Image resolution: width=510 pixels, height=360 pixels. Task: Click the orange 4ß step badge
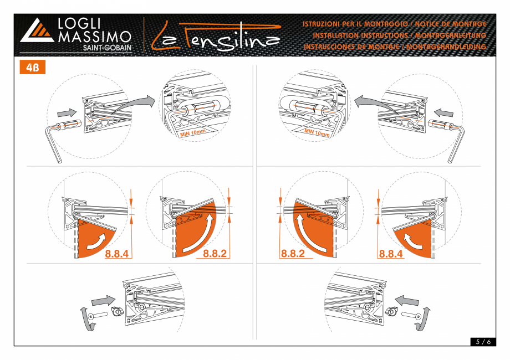point(33,67)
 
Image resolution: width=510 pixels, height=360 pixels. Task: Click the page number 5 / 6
point(483,342)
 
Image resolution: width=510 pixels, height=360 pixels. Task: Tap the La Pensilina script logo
point(216,37)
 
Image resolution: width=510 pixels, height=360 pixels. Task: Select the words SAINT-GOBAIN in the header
point(108,48)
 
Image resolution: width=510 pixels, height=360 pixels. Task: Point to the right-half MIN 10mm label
point(317,132)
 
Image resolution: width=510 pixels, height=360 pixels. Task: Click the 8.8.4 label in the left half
point(117,254)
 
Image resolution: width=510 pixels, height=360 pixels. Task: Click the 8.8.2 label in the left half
point(215,254)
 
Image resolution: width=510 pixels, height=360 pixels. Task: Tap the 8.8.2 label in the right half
point(293,254)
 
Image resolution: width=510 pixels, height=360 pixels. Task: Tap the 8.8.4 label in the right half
point(391,254)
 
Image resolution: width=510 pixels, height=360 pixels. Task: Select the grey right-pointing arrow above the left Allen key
point(67,113)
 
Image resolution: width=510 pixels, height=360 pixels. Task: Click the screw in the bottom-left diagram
point(98,315)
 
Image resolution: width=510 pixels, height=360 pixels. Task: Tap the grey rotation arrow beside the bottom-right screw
point(423,319)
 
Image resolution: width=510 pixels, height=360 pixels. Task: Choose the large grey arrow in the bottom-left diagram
point(104,301)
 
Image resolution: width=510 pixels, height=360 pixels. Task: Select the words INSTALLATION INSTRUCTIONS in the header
point(360,35)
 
